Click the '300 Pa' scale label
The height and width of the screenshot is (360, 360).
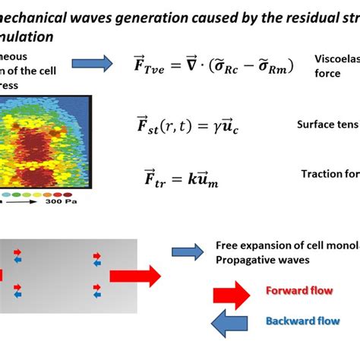[x=60, y=204]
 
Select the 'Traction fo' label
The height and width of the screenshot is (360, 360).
[x=330, y=174]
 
